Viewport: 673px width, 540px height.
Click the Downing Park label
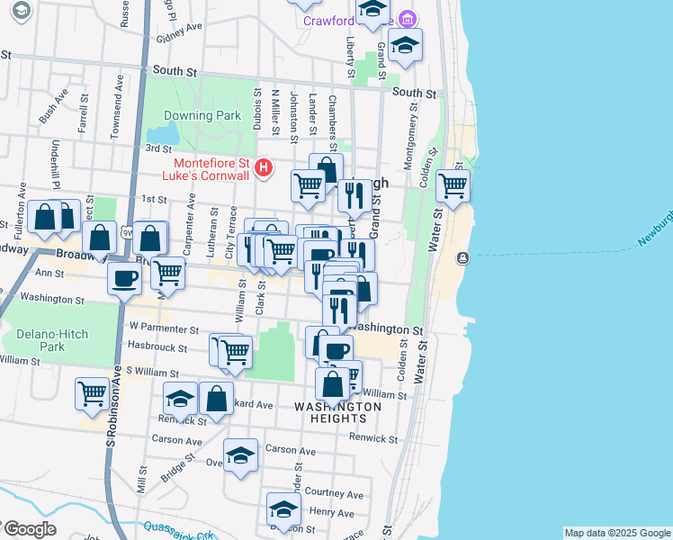pyautogui.click(x=202, y=115)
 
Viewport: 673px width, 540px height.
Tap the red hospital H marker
pyautogui.click(x=264, y=167)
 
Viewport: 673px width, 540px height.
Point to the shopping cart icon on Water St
pyautogui.click(x=453, y=185)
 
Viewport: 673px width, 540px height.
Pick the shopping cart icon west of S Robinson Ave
pyautogui.click(x=92, y=391)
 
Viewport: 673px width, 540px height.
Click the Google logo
pyautogui.click(x=29, y=529)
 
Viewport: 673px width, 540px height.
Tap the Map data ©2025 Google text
pyautogui.click(x=616, y=533)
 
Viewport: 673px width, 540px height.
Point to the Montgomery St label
pyautogui.click(x=413, y=135)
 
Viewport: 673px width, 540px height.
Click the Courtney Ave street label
pyautogui.click(x=334, y=494)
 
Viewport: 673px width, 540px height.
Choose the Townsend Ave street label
pyautogui.click(x=115, y=106)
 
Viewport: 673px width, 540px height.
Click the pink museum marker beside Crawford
pyautogui.click(x=408, y=19)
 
